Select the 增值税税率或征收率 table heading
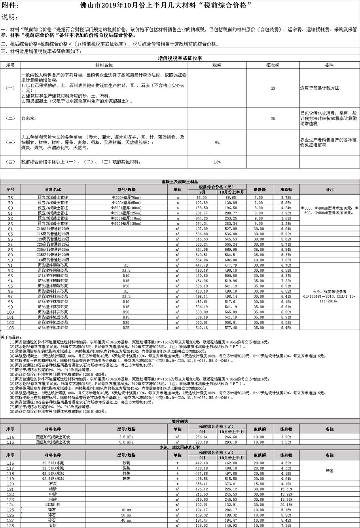[180, 58]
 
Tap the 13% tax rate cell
[217, 162]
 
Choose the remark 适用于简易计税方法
[319, 88]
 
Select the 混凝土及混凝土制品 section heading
[180, 182]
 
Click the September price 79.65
[201, 197]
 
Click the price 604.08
[231, 260]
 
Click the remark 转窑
[330, 471]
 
